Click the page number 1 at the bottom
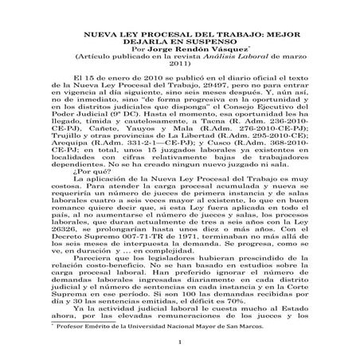tap(181, 358)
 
